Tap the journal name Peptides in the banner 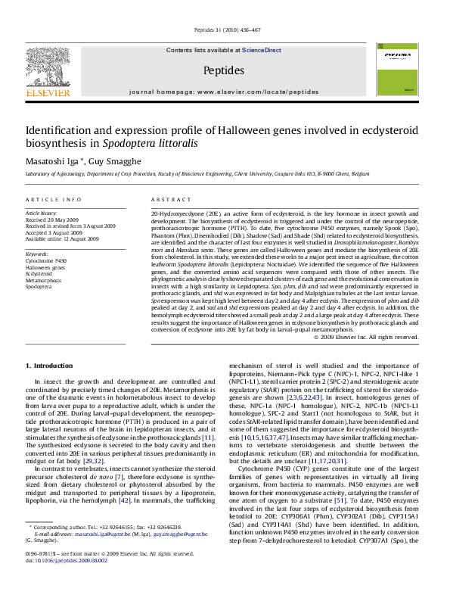[224, 70]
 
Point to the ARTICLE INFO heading [53, 199]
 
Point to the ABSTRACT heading [171, 199]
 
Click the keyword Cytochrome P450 [45, 260]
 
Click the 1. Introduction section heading [50, 366]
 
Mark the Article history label [42, 214]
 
